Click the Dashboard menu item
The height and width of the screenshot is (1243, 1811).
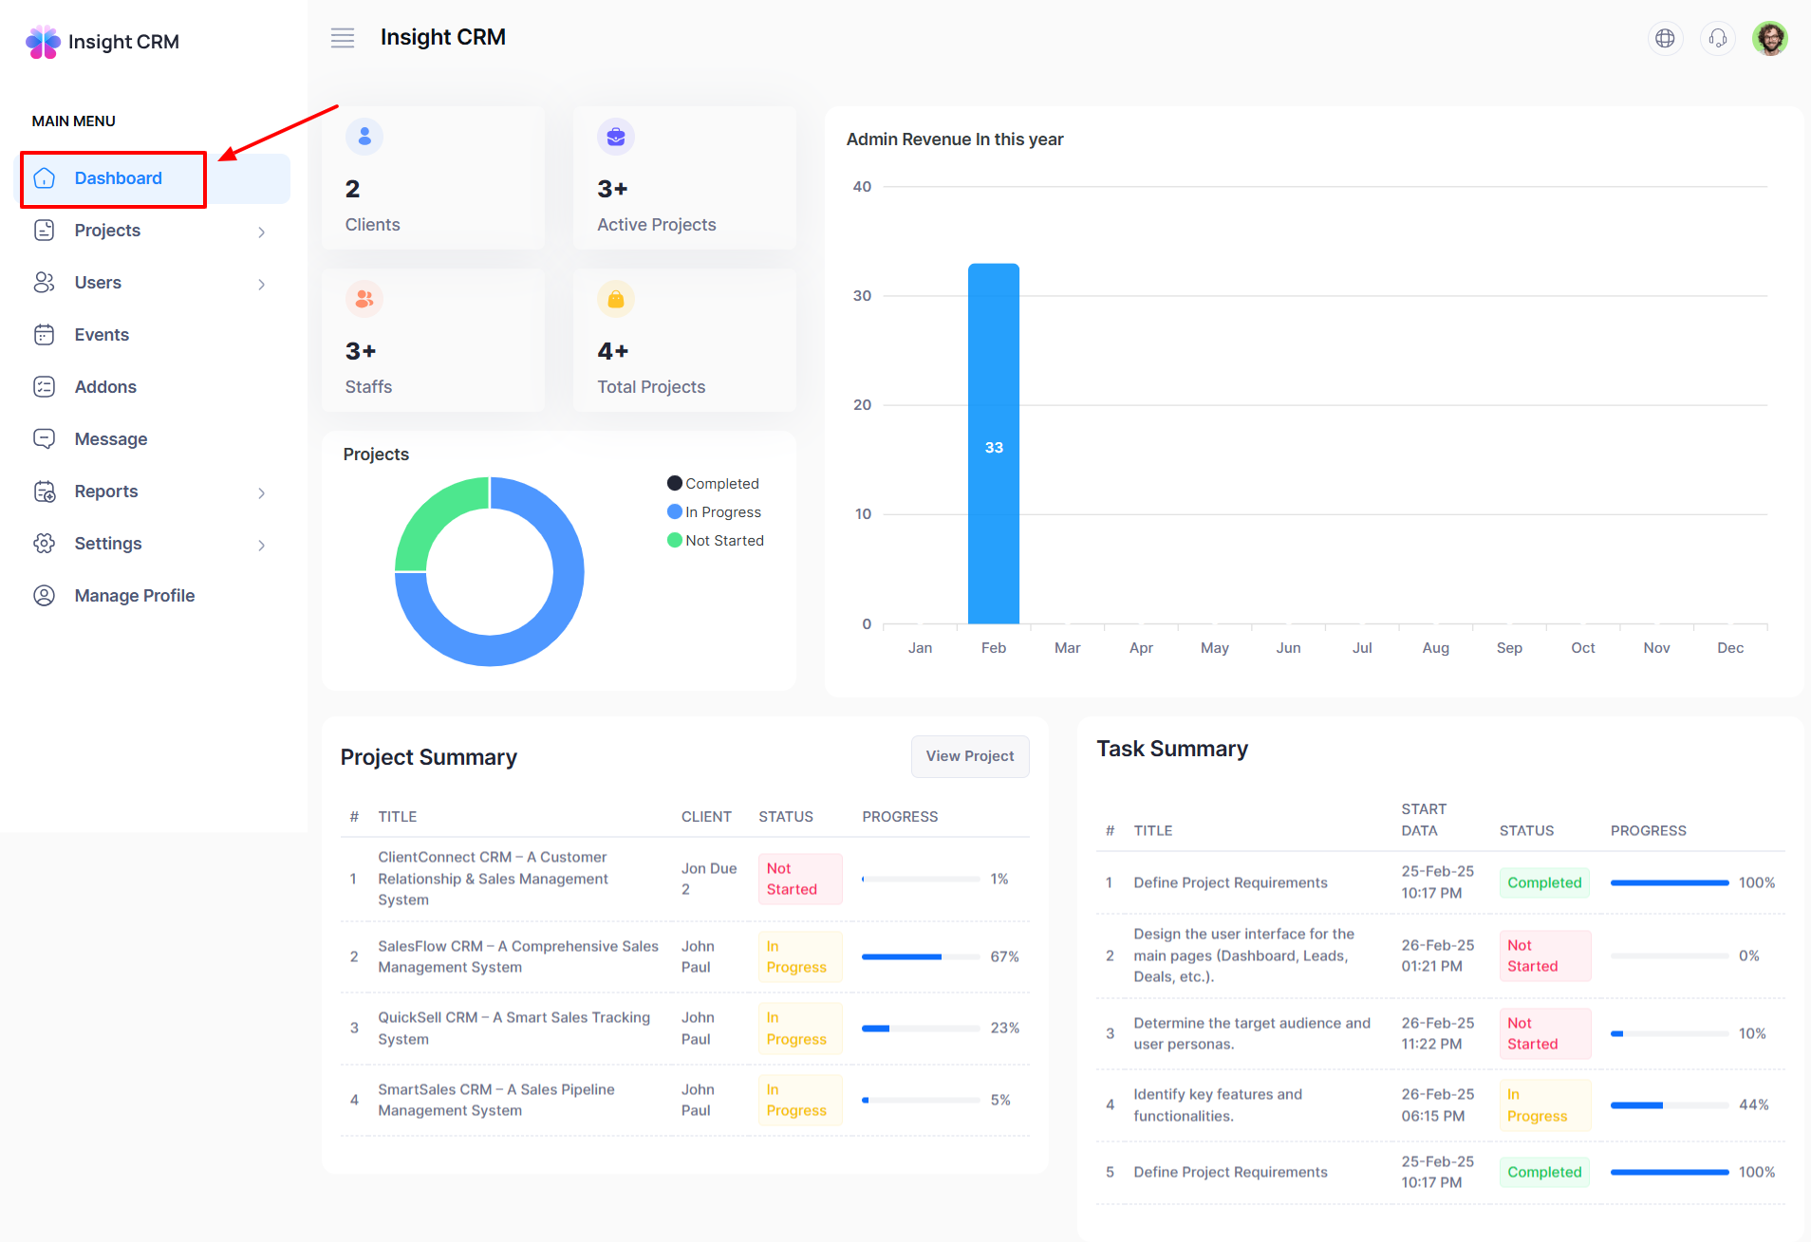click(118, 178)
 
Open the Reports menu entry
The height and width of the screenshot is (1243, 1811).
click(106, 492)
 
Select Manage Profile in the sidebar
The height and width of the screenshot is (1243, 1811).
click(134, 596)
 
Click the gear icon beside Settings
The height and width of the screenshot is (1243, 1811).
click(45, 544)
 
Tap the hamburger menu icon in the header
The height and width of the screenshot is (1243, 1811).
click(343, 38)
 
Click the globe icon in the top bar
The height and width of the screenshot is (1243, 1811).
click(1665, 38)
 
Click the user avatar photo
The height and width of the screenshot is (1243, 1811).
click(1769, 38)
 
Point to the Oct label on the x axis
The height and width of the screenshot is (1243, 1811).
click(1582, 648)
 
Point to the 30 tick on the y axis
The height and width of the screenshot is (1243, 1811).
click(862, 296)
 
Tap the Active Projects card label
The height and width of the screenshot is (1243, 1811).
click(656, 225)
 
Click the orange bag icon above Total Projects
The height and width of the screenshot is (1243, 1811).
click(616, 300)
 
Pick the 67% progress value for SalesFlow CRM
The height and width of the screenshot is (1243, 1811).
click(1004, 956)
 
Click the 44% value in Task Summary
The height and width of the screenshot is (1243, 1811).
click(1753, 1104)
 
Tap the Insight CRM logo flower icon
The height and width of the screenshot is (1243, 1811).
click(43, 42)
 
